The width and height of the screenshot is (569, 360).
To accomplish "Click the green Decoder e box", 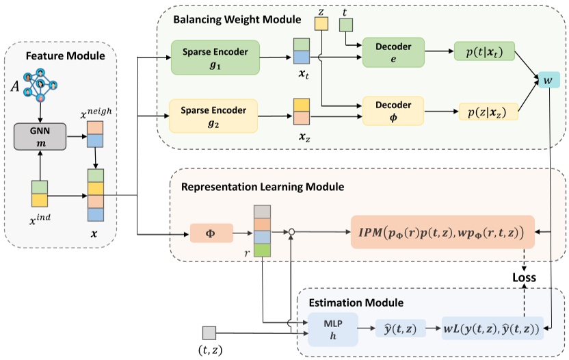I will click(x=393, y=53).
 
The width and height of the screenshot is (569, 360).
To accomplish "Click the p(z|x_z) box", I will click(x=488, y=112).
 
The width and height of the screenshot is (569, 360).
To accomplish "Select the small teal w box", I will click(x=548, y=80).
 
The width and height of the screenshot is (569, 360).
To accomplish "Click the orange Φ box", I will click(x=211, y=233).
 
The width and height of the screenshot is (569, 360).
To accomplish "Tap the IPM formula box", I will click(x=442, y=232).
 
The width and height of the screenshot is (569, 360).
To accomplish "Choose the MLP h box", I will click(x=334, y=329).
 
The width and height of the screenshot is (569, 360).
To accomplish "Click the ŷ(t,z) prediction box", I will click(x=400, y=329).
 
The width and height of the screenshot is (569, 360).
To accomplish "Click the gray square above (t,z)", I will click(x=209, y=333).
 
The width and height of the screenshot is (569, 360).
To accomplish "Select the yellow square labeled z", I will click(x=321, y=23).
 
